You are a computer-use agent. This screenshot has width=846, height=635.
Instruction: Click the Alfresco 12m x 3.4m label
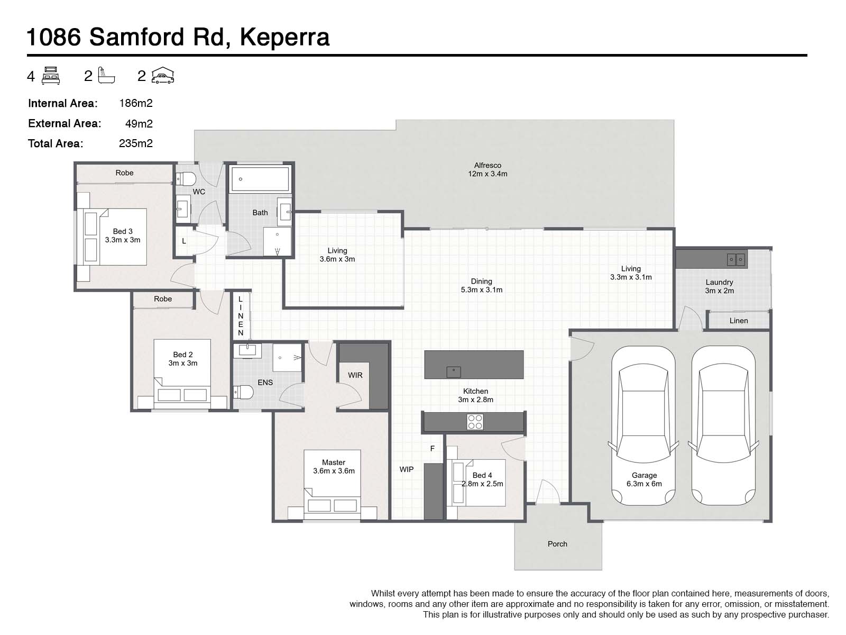tap(488, 169)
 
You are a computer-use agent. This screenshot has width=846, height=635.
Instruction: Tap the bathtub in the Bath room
tap(259, 179)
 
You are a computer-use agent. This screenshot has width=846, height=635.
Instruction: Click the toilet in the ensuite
tap(244, 392)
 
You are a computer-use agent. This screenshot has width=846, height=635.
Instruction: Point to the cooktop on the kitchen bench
tap(474, 422)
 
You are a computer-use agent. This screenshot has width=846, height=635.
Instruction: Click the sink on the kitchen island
tap(454, 371)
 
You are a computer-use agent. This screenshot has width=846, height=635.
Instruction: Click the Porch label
tap(557, 544)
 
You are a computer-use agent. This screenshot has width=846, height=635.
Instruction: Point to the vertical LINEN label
tap(241, 316)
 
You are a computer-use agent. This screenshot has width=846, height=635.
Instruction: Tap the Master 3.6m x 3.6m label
tap(334, 466)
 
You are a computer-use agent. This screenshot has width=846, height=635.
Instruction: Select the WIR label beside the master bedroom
tap(355, 375)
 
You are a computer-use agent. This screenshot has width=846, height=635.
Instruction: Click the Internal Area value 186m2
tap(136, 103)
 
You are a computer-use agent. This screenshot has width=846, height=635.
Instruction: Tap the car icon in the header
tap(163, 76)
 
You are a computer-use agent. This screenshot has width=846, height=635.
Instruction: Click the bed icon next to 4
tap(51, 76)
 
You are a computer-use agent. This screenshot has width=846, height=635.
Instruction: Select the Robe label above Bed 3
tap(125, 173)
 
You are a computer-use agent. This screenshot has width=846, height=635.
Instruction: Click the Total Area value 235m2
tap(136, 143)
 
